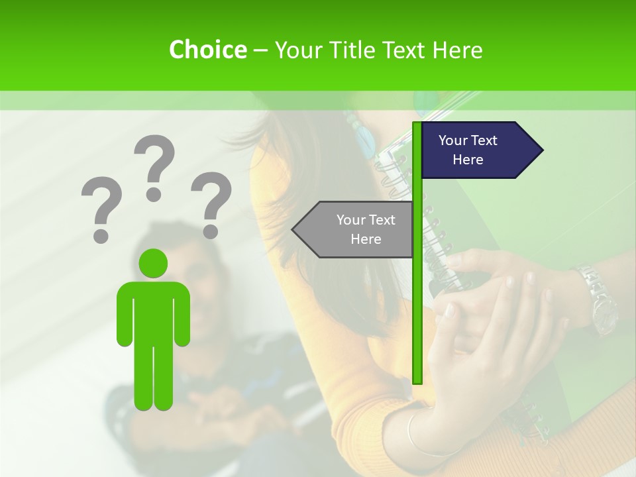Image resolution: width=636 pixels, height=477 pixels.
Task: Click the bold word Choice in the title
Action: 207,50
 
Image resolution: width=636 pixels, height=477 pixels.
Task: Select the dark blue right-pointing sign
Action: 474,150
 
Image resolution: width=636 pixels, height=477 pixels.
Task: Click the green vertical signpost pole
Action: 417,298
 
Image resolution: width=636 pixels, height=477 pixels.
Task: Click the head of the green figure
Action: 154,263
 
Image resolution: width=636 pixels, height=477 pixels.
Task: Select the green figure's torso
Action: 154,311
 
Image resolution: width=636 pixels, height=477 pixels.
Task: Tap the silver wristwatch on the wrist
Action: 596,298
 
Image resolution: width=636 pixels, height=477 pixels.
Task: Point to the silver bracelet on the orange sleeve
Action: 414,434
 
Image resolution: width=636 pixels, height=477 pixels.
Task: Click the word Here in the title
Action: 457,50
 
